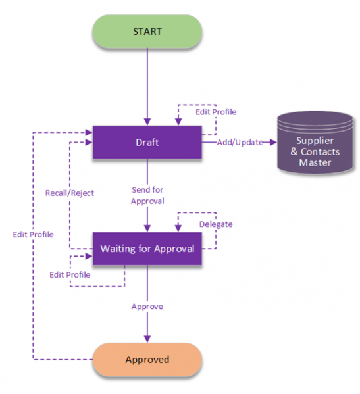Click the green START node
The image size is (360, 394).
tap(147, 31)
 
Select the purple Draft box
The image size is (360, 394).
tap(147, 142)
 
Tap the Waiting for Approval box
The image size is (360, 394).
tap(147, 249)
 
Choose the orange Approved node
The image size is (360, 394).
tap(147, 359)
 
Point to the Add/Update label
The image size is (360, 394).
tap(240, 142)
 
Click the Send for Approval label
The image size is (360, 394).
tap(147, 195)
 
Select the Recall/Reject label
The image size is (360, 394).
tap(69, 193)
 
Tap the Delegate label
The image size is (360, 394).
tap(216, 224)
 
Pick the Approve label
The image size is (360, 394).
tap(147, 307)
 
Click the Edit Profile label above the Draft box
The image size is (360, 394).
tap(216, 112)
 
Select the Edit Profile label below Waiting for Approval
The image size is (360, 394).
tap(70, 274)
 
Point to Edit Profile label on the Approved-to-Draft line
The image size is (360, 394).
tap(33, 234)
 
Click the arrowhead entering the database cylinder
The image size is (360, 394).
tap(272, 142)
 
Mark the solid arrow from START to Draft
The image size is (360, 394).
tap(147, 86)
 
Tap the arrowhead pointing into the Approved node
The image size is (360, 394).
tap(147, 339)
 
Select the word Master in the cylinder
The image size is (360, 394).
tap(315, 162)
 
